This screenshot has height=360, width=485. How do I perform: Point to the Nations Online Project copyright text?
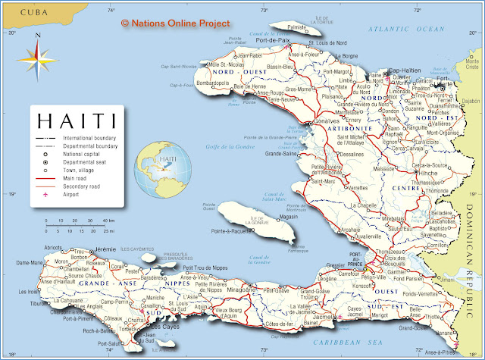(175, 23)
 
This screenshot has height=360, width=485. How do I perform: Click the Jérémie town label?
(105, 249)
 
